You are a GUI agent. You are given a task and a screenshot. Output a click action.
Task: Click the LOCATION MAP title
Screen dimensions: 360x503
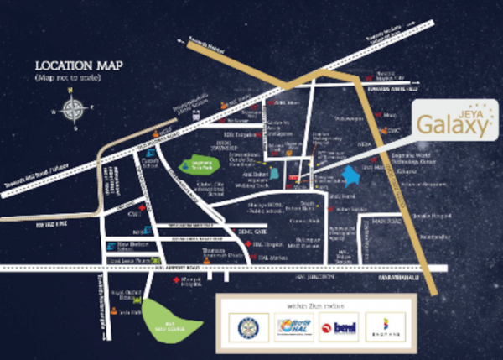click(70, 65)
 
